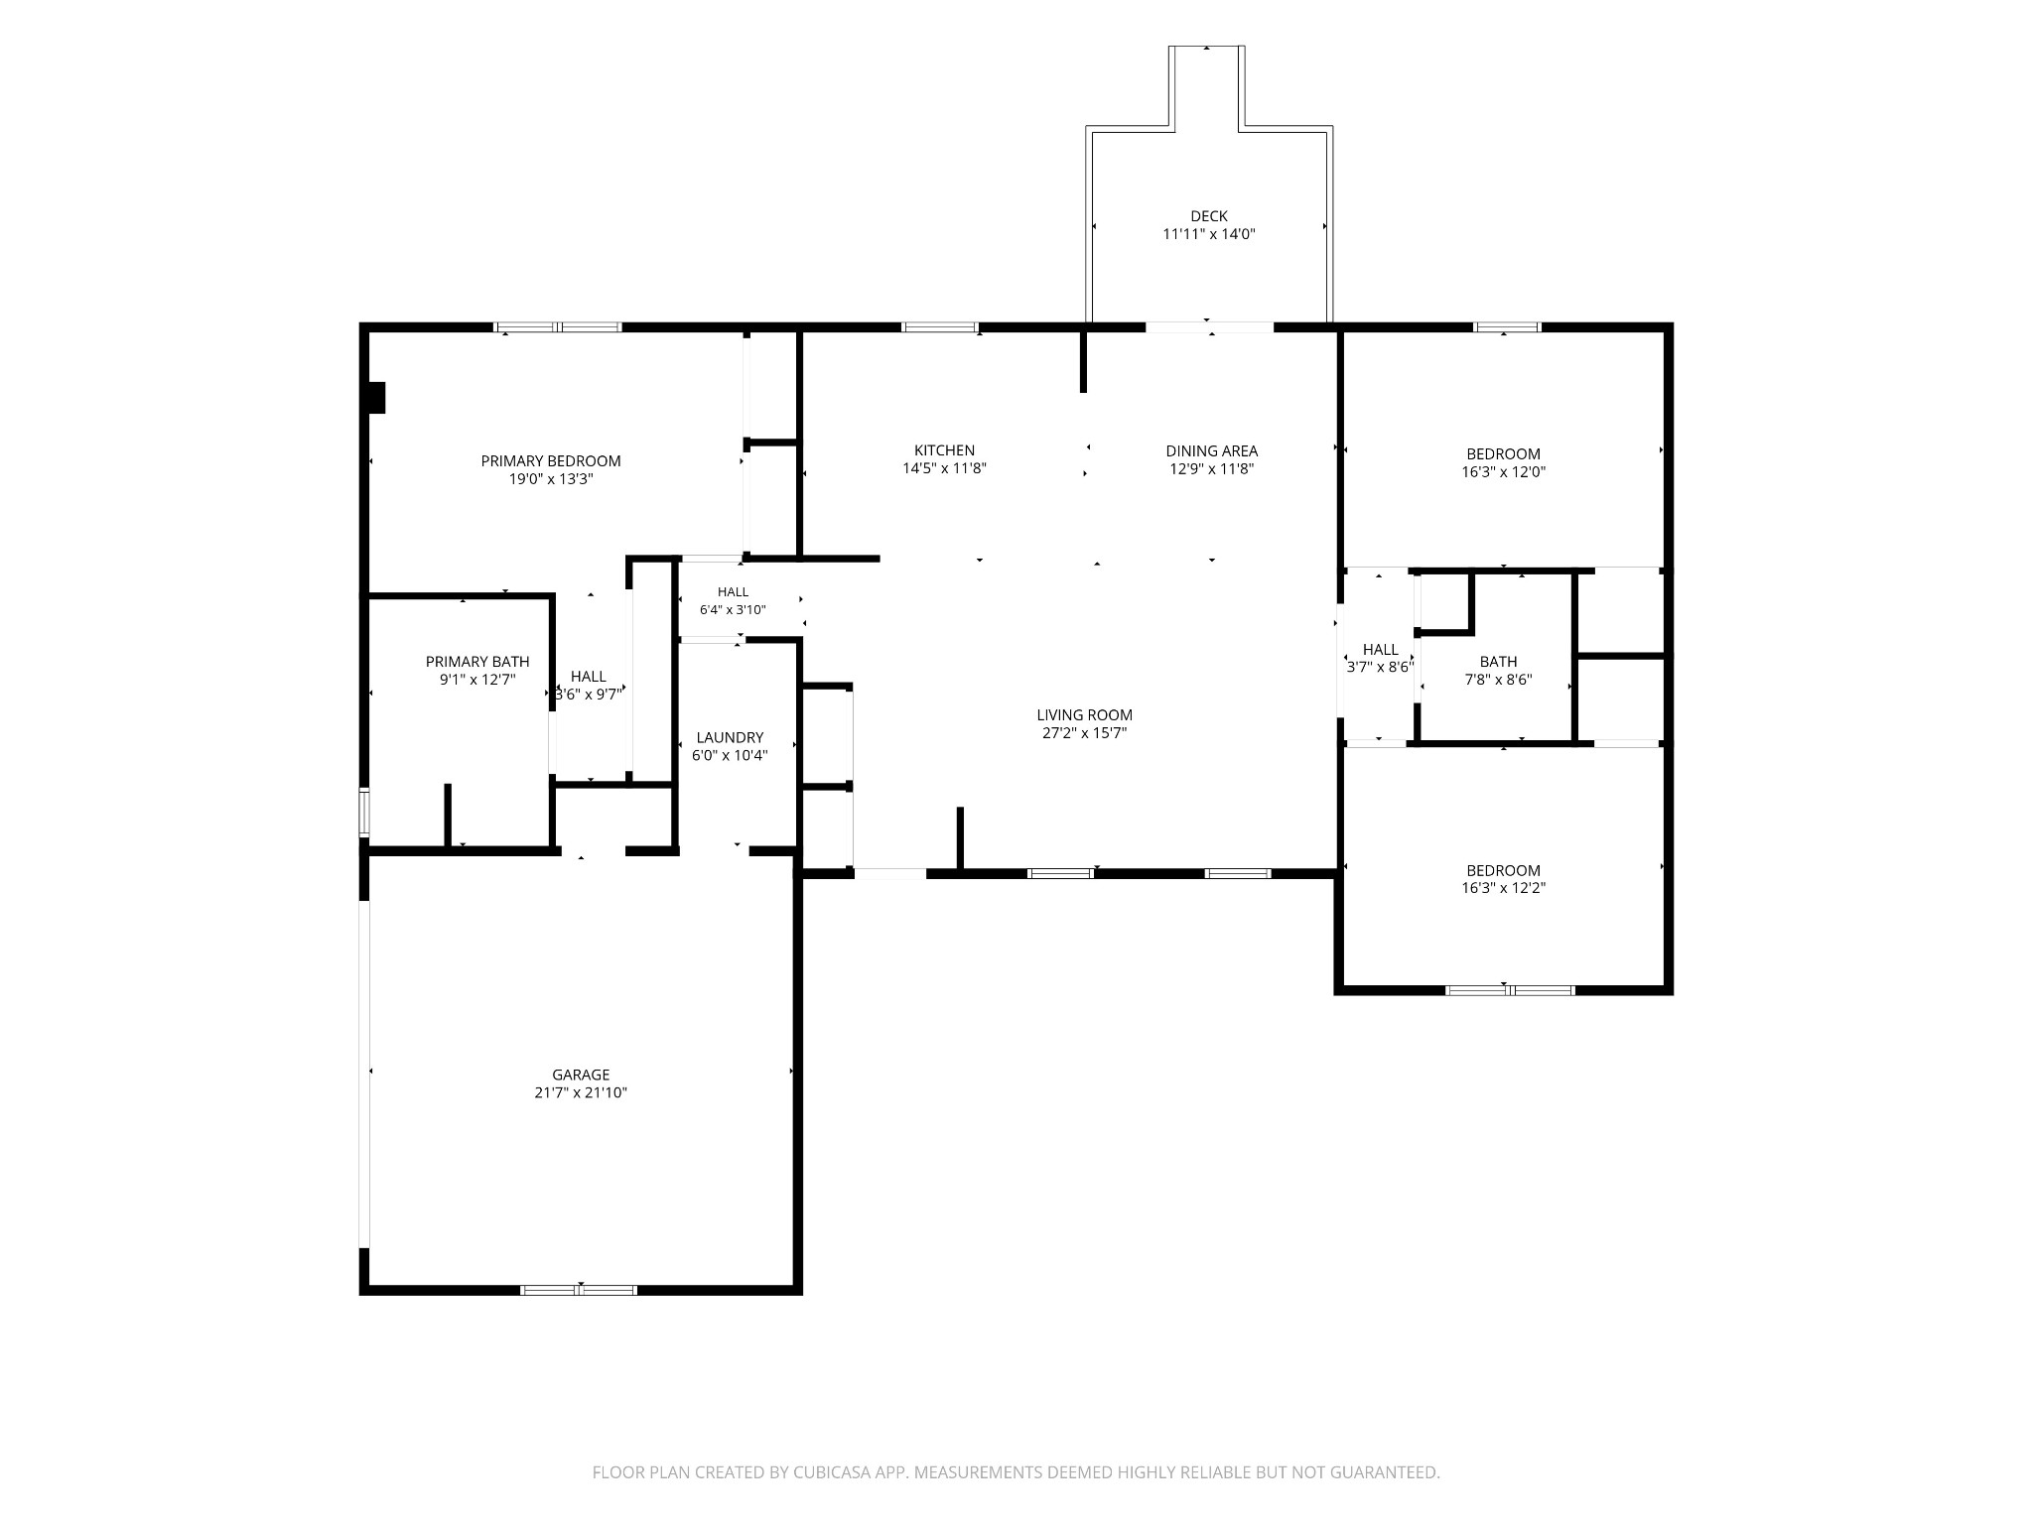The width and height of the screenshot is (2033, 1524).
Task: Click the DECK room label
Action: (1209, 216)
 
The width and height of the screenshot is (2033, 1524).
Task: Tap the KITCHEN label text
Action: (944, 450)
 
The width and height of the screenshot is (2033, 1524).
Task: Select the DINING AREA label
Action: (1211, 450)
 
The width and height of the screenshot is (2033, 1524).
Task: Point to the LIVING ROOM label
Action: (1084, 714)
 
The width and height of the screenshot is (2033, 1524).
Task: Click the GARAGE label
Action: (581, 1075)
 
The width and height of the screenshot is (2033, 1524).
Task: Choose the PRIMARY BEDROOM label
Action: (551, 460)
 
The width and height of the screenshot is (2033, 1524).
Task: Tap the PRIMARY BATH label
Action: (477, 662)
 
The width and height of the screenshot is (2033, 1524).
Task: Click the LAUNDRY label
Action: (730, 737)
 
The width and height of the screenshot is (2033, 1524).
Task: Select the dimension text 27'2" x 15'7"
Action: (1084, 733)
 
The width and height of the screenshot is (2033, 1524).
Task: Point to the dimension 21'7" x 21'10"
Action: (581, 1093)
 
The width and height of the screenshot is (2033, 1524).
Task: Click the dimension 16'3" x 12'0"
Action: (1503, 472)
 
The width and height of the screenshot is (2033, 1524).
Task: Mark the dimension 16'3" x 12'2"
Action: (1503, 889)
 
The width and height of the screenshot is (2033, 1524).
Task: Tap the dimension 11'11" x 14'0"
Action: (1209, 235)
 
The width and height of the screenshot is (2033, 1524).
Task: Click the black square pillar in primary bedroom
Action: (376, 398)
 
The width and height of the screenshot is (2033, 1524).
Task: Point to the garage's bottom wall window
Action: (579, 1290)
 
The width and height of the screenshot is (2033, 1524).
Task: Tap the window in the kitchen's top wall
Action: (939, 327)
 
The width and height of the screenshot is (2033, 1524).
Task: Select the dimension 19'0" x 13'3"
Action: (551, 479)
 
